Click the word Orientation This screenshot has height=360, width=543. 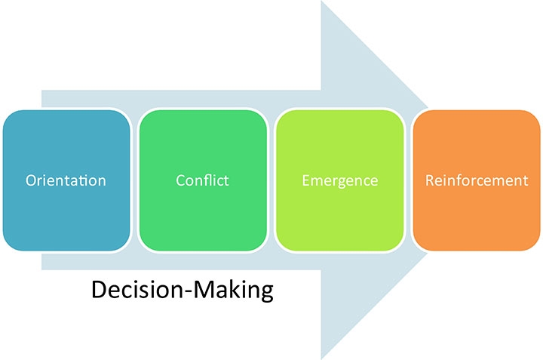(x=66, y=181)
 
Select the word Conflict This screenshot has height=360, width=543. (x=202, y=181)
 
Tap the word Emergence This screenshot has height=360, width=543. (x=339, y=181)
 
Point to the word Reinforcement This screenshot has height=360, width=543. (x=476, y=181)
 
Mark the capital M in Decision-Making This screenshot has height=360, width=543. (x=202, y=290)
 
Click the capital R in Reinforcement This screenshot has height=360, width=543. (x=430, y=181)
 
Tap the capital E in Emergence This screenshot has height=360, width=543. (x=305, y=181)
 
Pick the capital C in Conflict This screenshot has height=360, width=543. (x=180, y=181)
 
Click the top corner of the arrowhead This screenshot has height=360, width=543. (x=322, y=3)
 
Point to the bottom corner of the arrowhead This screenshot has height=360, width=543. (x=322, y=357)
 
